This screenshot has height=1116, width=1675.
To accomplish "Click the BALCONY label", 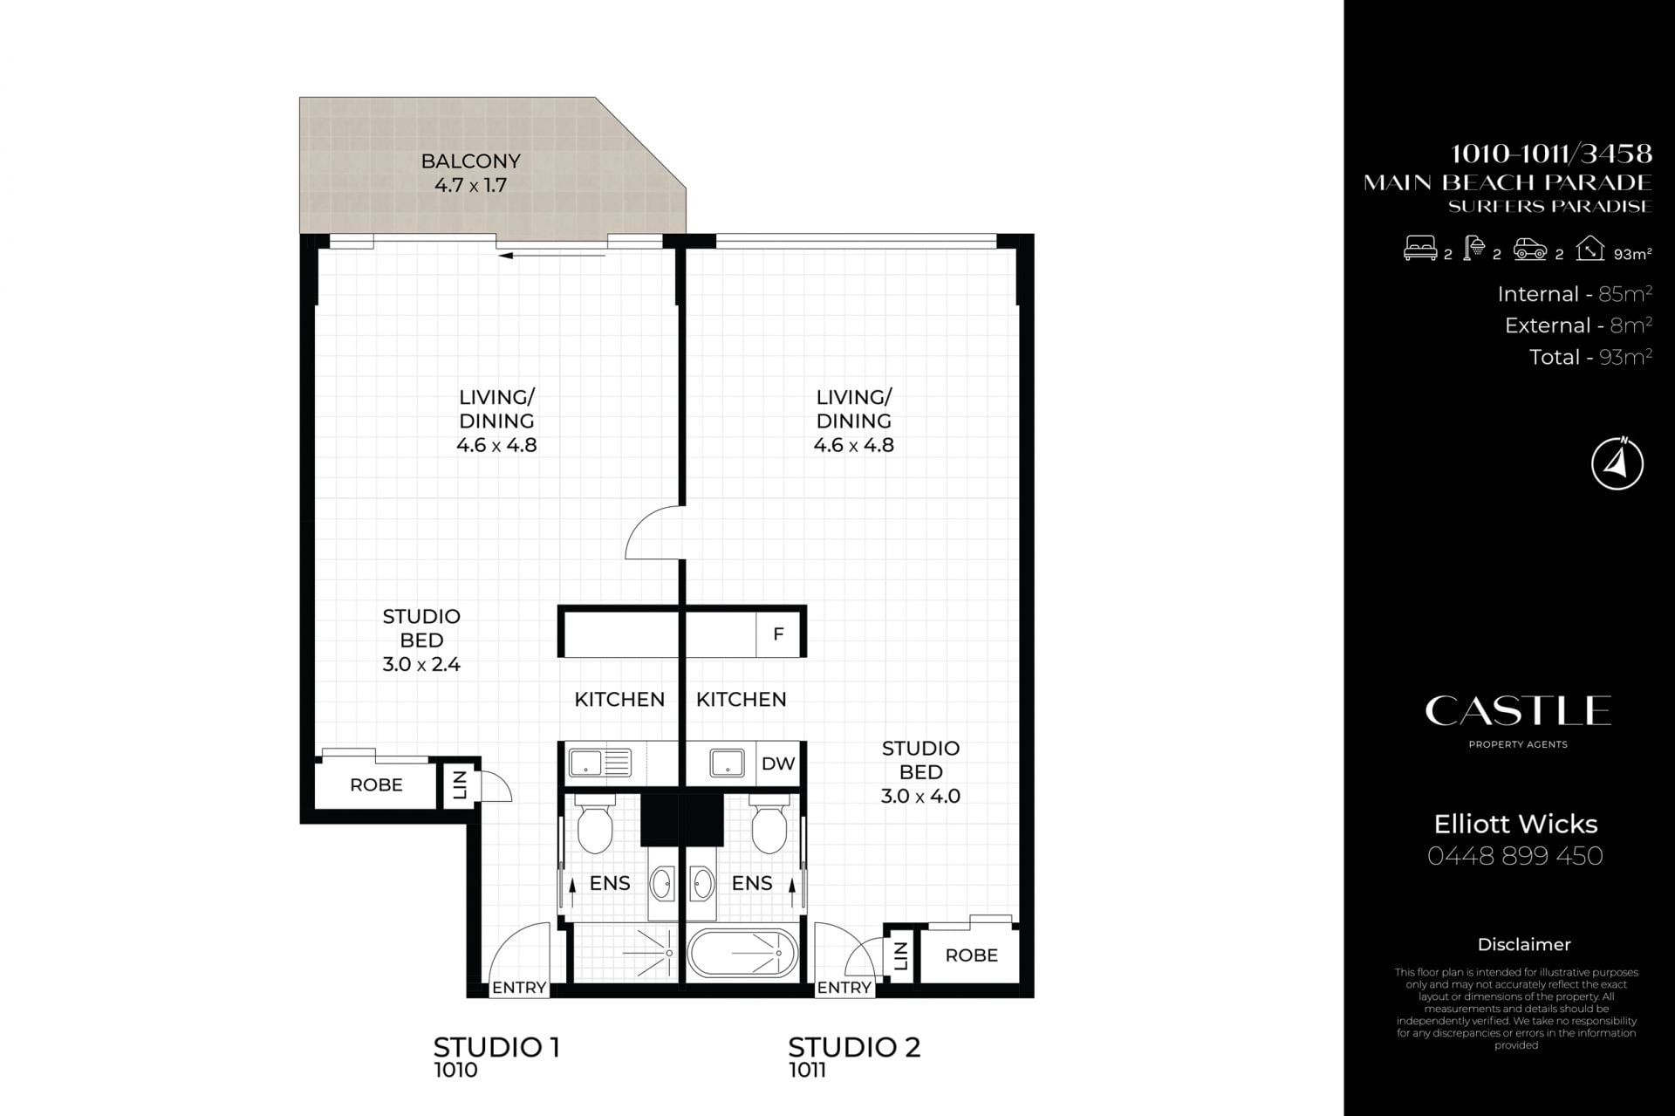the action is click(x=470, y=161).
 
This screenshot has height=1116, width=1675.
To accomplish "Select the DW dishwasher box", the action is click(x=778, y=763).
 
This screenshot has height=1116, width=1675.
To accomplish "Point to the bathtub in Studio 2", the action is click(x=742, y=954).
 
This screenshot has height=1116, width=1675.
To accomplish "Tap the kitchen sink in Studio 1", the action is click(x=599, y=763).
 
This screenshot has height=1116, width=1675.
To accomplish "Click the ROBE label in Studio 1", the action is click(x=376, y=785).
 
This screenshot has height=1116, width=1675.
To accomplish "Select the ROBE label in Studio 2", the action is click(x=971, y=955).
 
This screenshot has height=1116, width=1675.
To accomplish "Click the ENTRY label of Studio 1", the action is click(x=519, y=988).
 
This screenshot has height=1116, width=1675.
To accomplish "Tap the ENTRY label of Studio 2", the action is click(x=844, y=988).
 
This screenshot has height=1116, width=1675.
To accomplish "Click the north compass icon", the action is click(x=1617, y=463).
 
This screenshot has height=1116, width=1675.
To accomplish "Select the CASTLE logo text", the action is click(x=1518, y=711).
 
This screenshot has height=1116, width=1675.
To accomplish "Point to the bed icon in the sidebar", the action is click(x=1419, y=250).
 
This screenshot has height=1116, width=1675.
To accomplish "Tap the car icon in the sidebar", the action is click(x=1530, y=250).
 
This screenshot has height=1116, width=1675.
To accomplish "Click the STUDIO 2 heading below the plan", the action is click(x=854, y=1047).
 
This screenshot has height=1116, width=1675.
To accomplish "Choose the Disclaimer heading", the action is click(x=1524, y=944).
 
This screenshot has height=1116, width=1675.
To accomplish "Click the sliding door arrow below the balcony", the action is click(x=551, y=256).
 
